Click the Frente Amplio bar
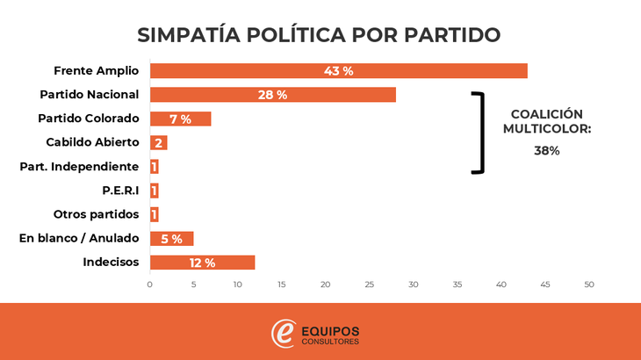click(x=338, y=71)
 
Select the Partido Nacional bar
click(x=272, y=95)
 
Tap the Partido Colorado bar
click(x=180, y=119)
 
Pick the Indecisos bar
click(x=202, y=263)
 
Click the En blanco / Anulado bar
click(x=171, y=239)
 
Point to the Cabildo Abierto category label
click(x=92, y=142)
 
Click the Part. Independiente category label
click(x=79, y=166)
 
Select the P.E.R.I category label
click(x=121, y=191)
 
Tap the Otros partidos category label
click(x=96, y=214)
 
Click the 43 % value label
click(x=338, y=71)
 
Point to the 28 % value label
click(x=272, y=95)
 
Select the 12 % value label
click(x=202, y=263)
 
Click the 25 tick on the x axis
click(x=370, y=284)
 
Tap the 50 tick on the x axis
click(x=589, y=284)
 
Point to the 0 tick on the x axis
click(x=149, y=284)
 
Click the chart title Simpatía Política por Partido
click(x=320, y=35)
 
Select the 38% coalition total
click(x=546, y=150)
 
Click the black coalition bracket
click(x=480, y=132)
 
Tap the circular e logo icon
click(x=284, y=334)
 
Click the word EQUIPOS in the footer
click(x=330, y=330)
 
